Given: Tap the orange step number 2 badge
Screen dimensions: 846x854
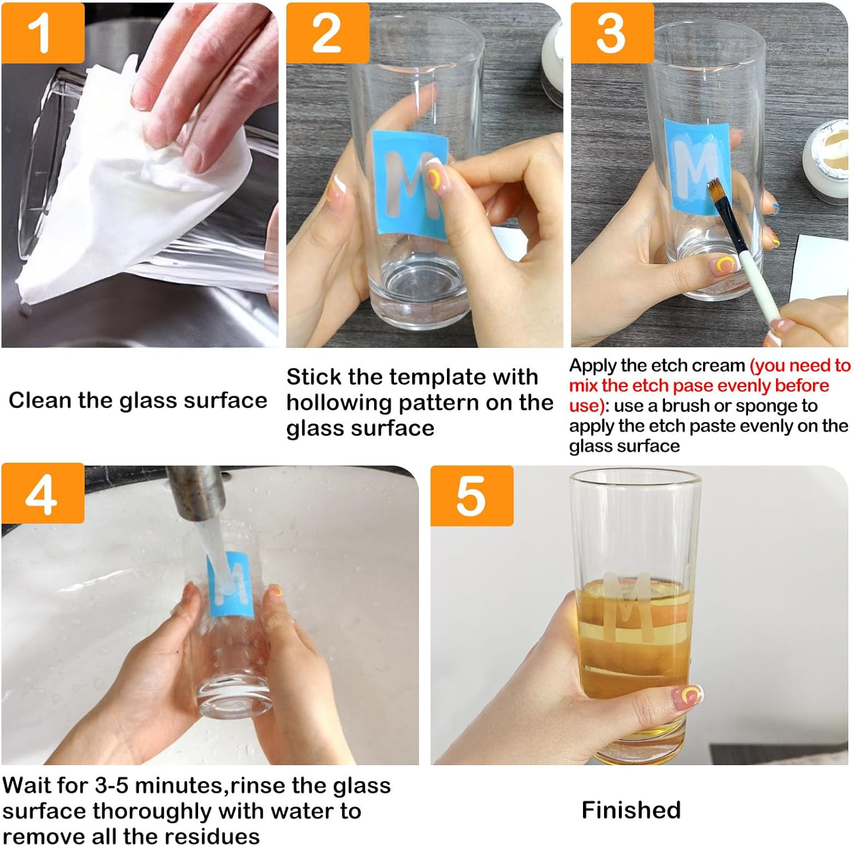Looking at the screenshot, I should (x=327, y=33).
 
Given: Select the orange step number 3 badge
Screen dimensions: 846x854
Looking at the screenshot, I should (x=611, y=33).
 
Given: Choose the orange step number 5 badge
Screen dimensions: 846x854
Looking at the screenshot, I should (x=471, y=496).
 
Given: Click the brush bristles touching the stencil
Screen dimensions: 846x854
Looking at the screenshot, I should (x=715, y=191).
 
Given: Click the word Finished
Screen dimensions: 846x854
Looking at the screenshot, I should (x=631, y=810).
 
